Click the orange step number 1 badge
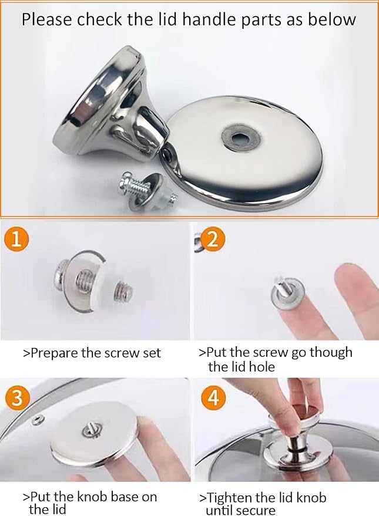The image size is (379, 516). tap(16, 240)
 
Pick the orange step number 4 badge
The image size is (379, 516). tap(214, 398)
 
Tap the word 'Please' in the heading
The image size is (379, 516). tap(47, 20)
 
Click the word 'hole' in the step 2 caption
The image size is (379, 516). tap(263, 366)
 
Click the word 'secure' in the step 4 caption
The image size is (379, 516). tap(257, 511)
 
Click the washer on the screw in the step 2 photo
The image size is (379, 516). tap(287, 293)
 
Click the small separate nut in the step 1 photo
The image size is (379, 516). tap(124, 292)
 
